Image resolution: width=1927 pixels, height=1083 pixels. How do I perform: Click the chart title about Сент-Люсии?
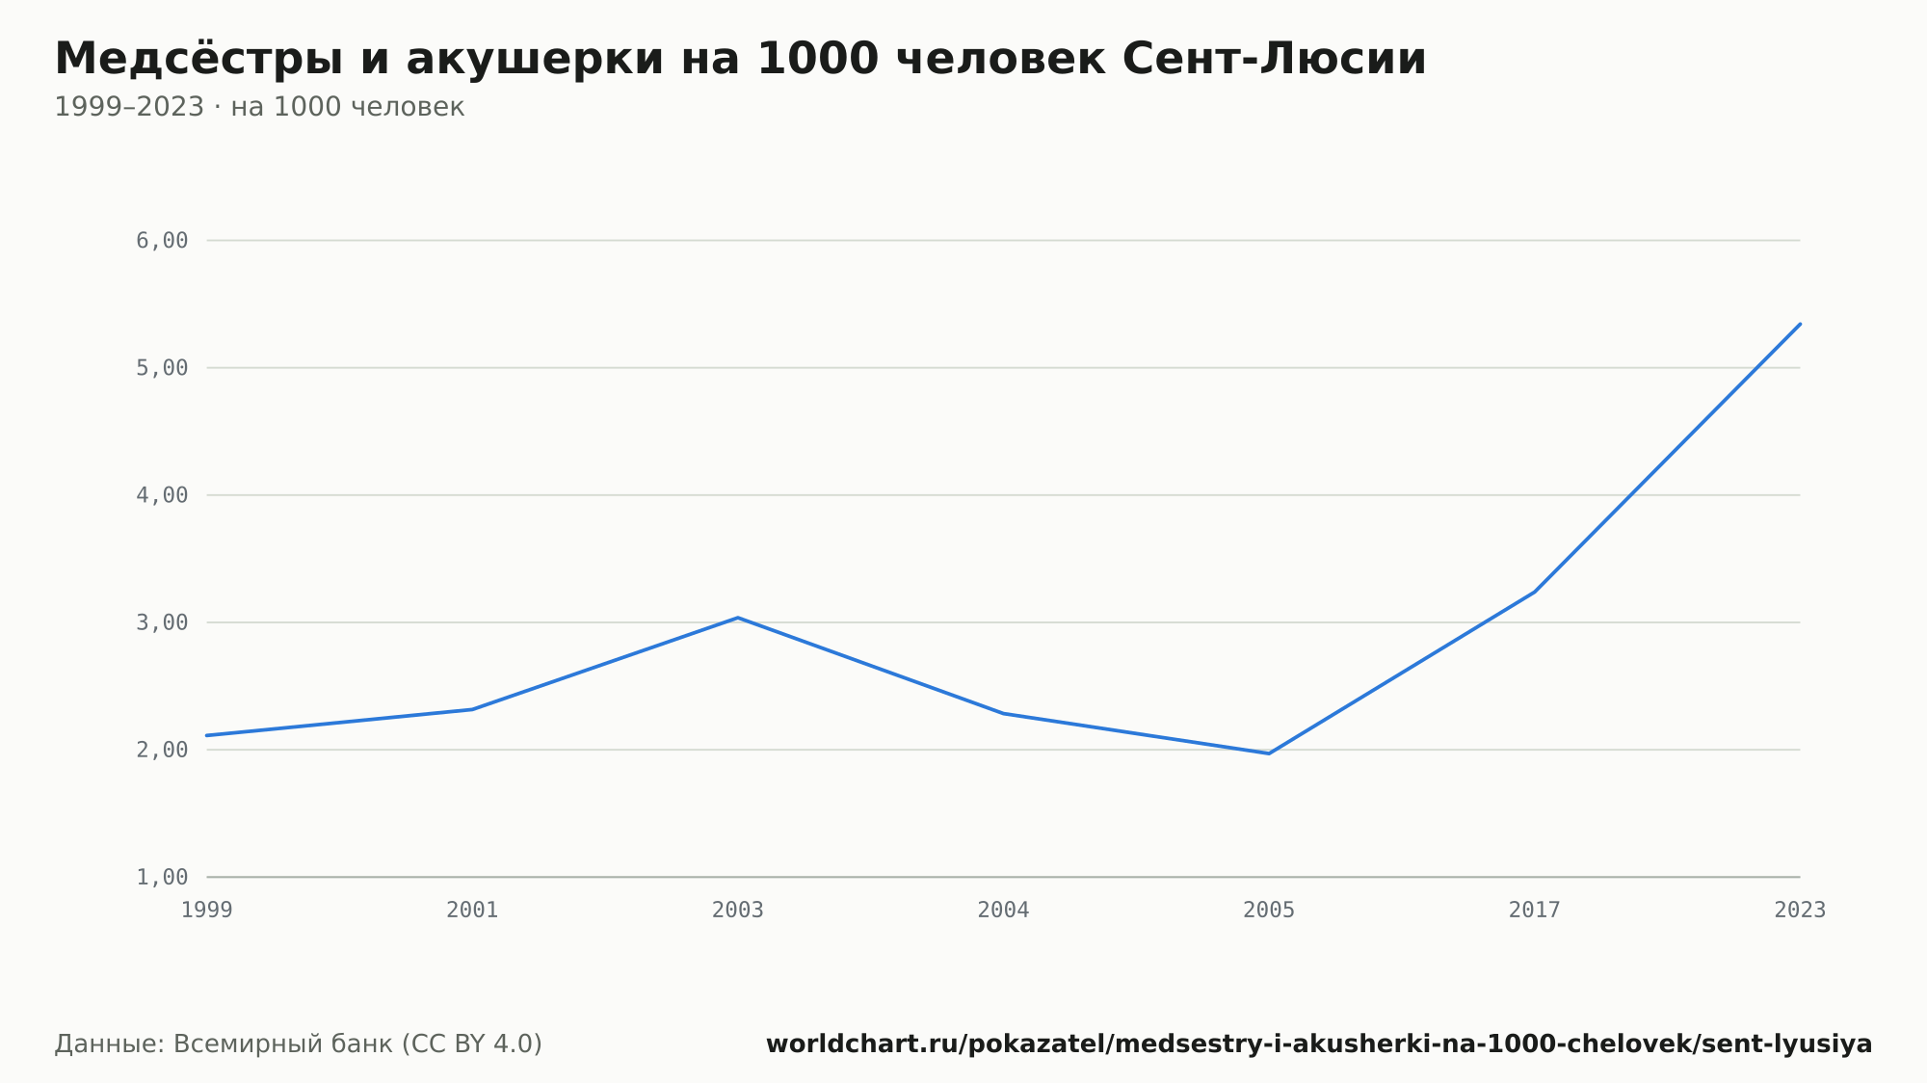coord(740,60)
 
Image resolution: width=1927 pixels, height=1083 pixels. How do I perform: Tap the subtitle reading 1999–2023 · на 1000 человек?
coord(259,107)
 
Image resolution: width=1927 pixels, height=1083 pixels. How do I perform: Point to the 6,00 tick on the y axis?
coord(162,241)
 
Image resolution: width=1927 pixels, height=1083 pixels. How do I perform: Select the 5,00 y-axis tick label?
coord(162,368)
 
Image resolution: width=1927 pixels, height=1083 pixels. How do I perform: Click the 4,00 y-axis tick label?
coord(162,495)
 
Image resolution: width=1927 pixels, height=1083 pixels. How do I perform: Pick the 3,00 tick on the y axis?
coord(162,622)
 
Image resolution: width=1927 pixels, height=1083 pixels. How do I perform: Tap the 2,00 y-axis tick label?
coord(162,750)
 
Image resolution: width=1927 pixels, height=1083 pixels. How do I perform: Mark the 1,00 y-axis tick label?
coord(162,877)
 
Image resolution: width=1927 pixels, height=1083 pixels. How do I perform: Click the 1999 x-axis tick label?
coord(207,911)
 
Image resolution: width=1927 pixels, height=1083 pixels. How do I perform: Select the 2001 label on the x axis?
coord(472,911)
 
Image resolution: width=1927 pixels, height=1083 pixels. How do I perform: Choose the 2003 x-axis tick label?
coord(738,911)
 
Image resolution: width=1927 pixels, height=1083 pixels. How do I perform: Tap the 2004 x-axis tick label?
coord(1004,911)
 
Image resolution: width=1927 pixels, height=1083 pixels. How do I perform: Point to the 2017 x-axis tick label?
coord(1535,911)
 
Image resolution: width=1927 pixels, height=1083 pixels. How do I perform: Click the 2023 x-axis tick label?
coord(1800,911)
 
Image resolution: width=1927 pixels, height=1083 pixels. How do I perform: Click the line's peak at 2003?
coord(738,618)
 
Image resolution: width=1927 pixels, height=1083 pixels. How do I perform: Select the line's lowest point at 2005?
coord(1269,753)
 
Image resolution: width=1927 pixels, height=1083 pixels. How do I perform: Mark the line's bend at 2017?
coord(1535,592)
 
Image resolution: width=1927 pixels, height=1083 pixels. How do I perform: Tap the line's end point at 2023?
coord(1800,324)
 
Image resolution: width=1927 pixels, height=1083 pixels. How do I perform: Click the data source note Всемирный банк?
coord(299,1044)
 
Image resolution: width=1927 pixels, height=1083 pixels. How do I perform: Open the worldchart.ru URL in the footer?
coord(1319,1044)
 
